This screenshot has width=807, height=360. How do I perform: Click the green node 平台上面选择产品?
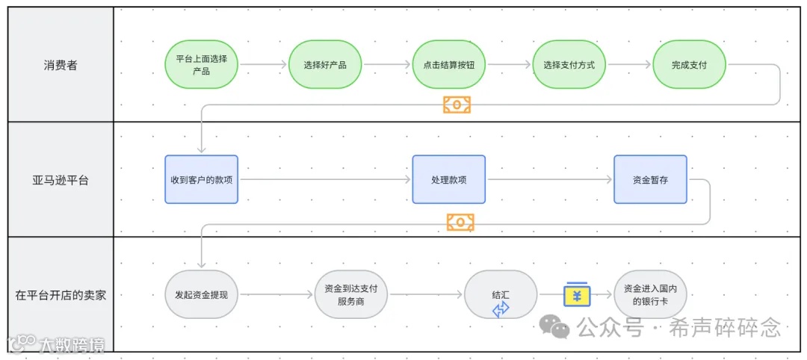201,64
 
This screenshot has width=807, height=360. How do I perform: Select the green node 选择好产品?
325,64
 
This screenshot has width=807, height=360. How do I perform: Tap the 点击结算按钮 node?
448,64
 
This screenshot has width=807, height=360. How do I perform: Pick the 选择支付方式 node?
569,64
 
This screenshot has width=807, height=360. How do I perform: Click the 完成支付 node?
689,64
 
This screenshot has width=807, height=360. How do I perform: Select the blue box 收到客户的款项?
201,179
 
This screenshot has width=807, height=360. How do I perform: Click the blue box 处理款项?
448,179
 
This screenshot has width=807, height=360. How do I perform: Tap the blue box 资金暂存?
650,179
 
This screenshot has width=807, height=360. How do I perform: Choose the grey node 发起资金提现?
201,294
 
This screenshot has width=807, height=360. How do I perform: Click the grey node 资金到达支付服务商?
351,294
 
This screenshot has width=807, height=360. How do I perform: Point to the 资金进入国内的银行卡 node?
650,294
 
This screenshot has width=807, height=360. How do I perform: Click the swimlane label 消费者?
60,65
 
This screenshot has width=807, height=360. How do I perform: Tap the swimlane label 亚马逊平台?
60,180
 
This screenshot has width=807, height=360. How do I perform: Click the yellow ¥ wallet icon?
577,294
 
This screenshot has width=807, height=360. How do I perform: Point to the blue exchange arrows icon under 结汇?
501,309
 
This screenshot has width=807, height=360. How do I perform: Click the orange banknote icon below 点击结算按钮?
457,105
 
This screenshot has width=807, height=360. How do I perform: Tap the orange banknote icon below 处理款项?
460,222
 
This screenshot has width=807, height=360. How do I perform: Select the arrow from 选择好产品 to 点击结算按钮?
386,64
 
